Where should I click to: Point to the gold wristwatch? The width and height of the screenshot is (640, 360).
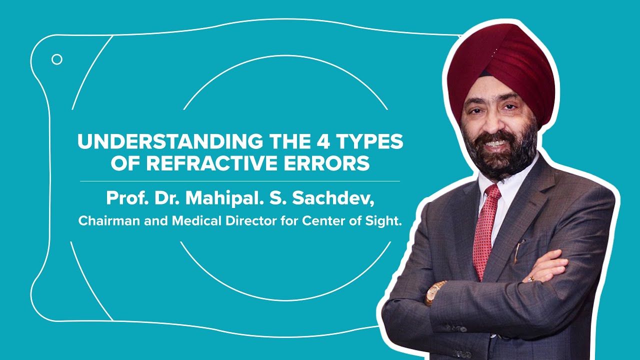(434, 292)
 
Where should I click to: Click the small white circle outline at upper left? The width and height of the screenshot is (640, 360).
(57, 59)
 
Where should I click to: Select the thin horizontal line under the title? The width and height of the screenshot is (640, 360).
(240, 180)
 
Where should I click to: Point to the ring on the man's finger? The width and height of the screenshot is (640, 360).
(531, 278)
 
